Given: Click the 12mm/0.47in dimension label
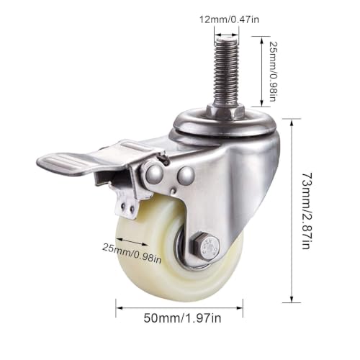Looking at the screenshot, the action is [x=230, y=19].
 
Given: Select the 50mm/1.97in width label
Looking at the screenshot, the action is [x=182, y=318].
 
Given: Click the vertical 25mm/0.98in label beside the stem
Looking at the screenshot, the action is [x=274, y=71].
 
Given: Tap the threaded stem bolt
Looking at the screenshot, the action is [x=226, y=71].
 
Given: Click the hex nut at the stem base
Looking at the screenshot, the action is [x=225, y=111].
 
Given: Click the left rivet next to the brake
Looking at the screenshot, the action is [x=153, y=174].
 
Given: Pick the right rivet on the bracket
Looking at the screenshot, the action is [x=186, y=174].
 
